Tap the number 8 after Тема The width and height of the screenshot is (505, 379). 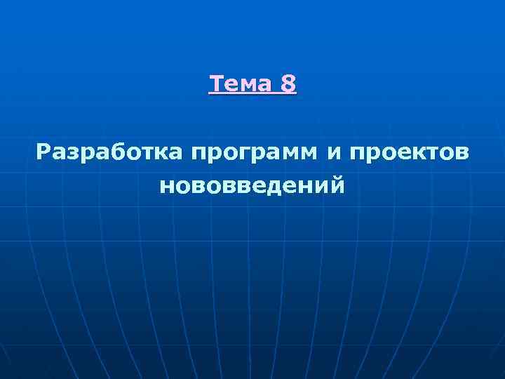tap(288, 85)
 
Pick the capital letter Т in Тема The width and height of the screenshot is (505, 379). tap(217, 85)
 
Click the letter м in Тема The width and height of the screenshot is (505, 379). tap(248, 86)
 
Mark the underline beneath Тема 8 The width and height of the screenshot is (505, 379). tap(252, 95)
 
